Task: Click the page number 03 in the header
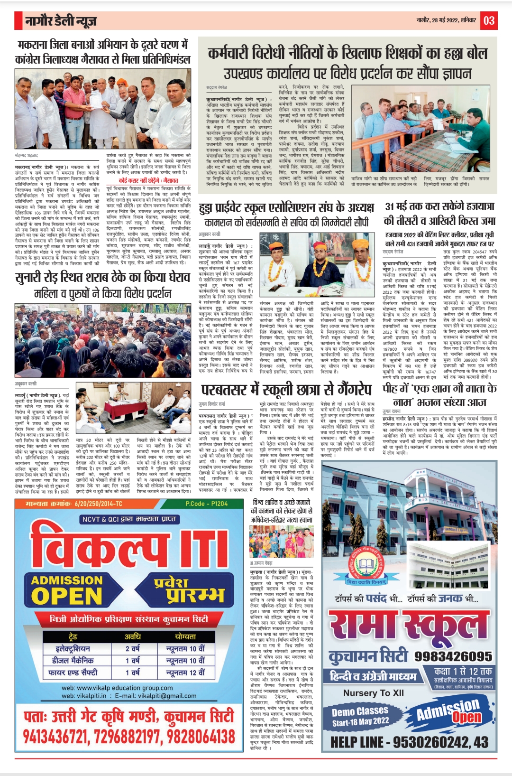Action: (489, 20)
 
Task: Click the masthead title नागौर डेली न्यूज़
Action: (61, 21)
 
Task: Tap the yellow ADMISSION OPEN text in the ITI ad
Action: (66, 589)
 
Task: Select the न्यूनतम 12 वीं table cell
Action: (185, 672)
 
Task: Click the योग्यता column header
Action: (185, 636)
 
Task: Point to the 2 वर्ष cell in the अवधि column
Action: (133, 648)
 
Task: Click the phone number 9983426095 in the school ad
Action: (453, 656)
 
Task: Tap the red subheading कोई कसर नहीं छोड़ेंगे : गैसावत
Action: (148, 180)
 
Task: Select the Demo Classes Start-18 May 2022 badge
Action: (360, 716)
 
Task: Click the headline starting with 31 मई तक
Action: (439, 214)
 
